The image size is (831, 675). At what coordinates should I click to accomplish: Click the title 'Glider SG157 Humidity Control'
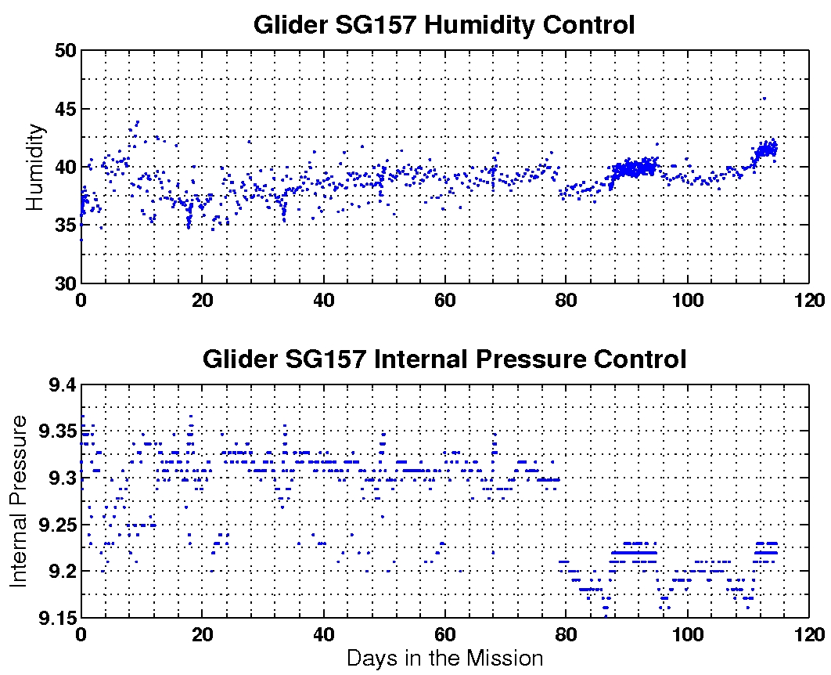click(444, 25)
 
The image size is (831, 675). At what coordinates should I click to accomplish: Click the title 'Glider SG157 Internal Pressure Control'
click(444, 359)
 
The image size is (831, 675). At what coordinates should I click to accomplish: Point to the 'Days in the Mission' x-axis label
click(444, 658)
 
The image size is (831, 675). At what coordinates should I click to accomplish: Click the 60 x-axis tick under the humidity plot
click(445, 300)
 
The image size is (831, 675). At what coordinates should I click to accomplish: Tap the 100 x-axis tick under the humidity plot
click(688, 300)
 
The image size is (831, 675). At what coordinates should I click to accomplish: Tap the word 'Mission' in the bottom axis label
click(505, 658)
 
